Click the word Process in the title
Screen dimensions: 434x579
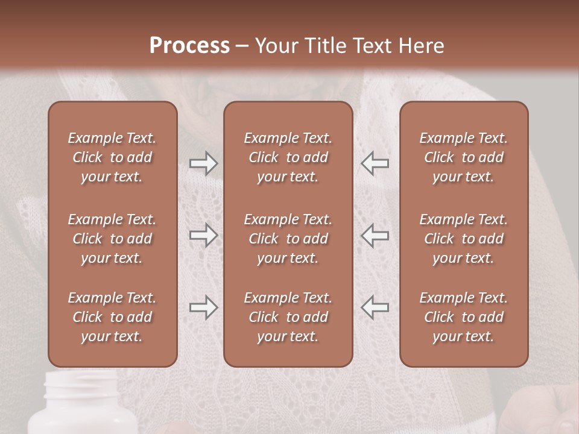189,46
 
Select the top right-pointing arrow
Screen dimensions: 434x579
203,163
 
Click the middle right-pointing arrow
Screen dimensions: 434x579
203,235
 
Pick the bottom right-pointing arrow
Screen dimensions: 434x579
203,307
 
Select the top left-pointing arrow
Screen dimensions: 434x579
375,163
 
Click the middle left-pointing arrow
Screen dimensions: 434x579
375,235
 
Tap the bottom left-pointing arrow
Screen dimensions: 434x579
375,307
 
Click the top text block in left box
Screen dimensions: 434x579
112,157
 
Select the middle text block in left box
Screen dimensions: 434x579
112,239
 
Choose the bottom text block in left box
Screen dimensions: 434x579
112,317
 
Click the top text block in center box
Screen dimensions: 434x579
288,157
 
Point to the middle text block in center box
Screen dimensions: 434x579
288,239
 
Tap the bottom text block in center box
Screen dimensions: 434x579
288,317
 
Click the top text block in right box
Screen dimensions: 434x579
463,157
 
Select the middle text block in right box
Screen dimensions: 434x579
463,239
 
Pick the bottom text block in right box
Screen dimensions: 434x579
463,317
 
